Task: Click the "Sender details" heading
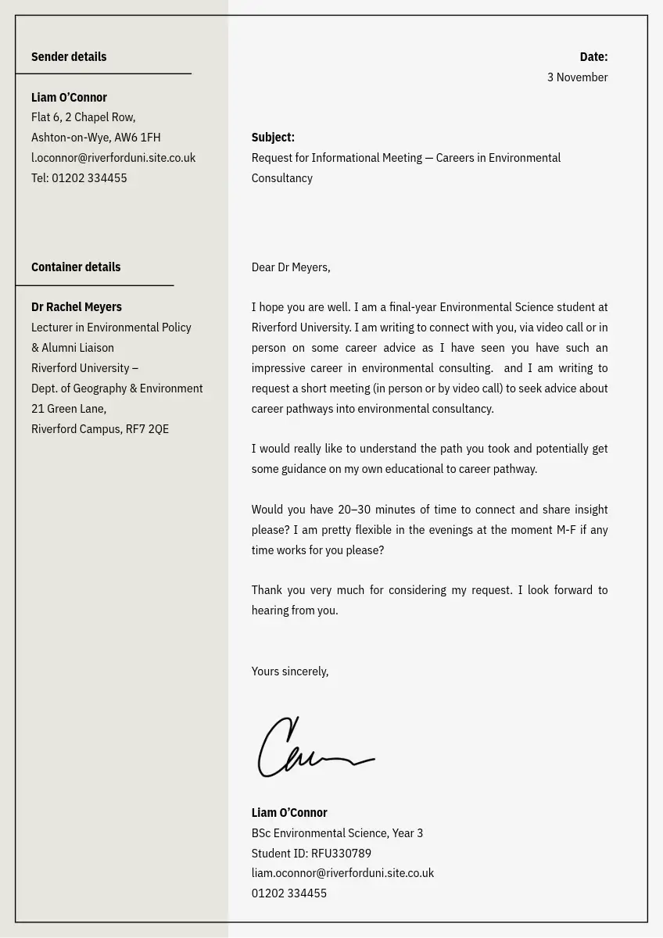coord(69,57)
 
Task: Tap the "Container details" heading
coord(76,267)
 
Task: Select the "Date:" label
coord(593,57)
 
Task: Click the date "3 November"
coord(577,77)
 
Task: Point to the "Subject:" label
coord(273,138)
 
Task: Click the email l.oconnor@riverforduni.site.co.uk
coord(113,158)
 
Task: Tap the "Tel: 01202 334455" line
coord(79,178)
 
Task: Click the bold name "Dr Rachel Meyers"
coord(77,307)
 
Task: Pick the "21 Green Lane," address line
coord(69,409)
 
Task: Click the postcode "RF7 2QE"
coord(147,429)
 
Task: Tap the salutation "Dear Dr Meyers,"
coord(291,267)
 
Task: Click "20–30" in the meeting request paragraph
coord(354,510)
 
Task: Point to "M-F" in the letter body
coord(566,530)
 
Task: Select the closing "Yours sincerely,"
coord(290,671)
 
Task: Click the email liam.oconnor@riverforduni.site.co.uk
coord(342,873)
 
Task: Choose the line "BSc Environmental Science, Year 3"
coord(337,833)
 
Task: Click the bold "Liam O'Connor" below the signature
coord(289,813)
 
